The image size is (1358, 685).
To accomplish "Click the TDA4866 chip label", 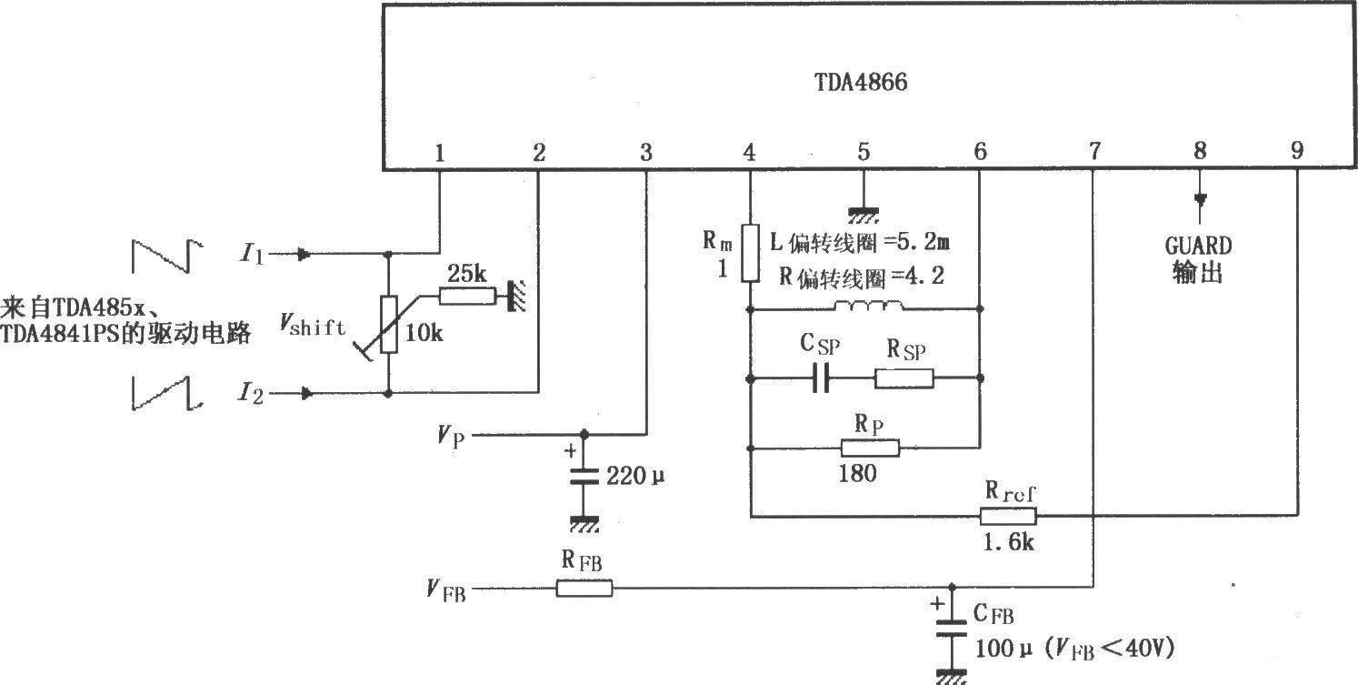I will (860, 83).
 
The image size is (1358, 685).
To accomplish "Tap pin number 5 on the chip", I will (863, 153).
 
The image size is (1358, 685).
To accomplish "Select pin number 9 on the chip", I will (1296, 152).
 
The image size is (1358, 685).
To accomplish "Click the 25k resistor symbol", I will (466, 296).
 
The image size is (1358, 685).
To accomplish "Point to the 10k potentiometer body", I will (388, 324).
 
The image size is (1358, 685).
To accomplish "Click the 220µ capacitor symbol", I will (584, 475).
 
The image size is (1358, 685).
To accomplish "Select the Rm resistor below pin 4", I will (749, 255).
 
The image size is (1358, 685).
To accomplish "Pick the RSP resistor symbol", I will (904, 378).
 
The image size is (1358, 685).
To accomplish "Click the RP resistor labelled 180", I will (870, 448).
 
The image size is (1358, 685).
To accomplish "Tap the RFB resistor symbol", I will (584, 589).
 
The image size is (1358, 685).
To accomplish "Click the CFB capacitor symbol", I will (952, 628).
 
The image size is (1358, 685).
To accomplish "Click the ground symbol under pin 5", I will (863, 214).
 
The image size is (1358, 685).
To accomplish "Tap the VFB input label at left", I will (445, 590).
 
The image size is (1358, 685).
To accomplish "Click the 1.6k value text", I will (1008, 543).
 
